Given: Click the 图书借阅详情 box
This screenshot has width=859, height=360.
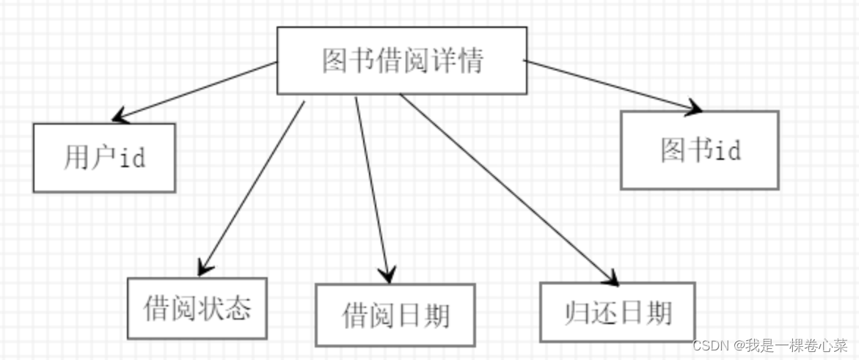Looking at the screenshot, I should point(401,60).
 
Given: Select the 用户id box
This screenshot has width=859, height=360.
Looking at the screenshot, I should point(104,158).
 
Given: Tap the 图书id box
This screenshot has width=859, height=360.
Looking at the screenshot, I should point(699,150).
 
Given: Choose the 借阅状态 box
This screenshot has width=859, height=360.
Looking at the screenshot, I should point(197,308).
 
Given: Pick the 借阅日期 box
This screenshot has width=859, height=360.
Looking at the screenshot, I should point(395,315).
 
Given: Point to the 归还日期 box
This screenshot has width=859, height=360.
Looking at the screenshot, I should point(617,312).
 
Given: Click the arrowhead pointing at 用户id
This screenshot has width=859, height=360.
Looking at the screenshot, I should point(120,116).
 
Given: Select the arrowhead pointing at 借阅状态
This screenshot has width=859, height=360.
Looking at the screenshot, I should point(205,266).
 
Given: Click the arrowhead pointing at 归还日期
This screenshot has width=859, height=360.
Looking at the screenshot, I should point(610,276).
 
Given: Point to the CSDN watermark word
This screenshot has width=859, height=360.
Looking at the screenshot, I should point(708,345).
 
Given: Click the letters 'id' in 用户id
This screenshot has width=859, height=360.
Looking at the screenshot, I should point(131,158).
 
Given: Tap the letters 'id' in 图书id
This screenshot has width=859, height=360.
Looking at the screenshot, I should point(728,150).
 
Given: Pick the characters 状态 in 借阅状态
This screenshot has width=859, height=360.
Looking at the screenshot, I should point(232,308).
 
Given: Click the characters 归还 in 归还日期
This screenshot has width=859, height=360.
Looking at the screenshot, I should point(581,312).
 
